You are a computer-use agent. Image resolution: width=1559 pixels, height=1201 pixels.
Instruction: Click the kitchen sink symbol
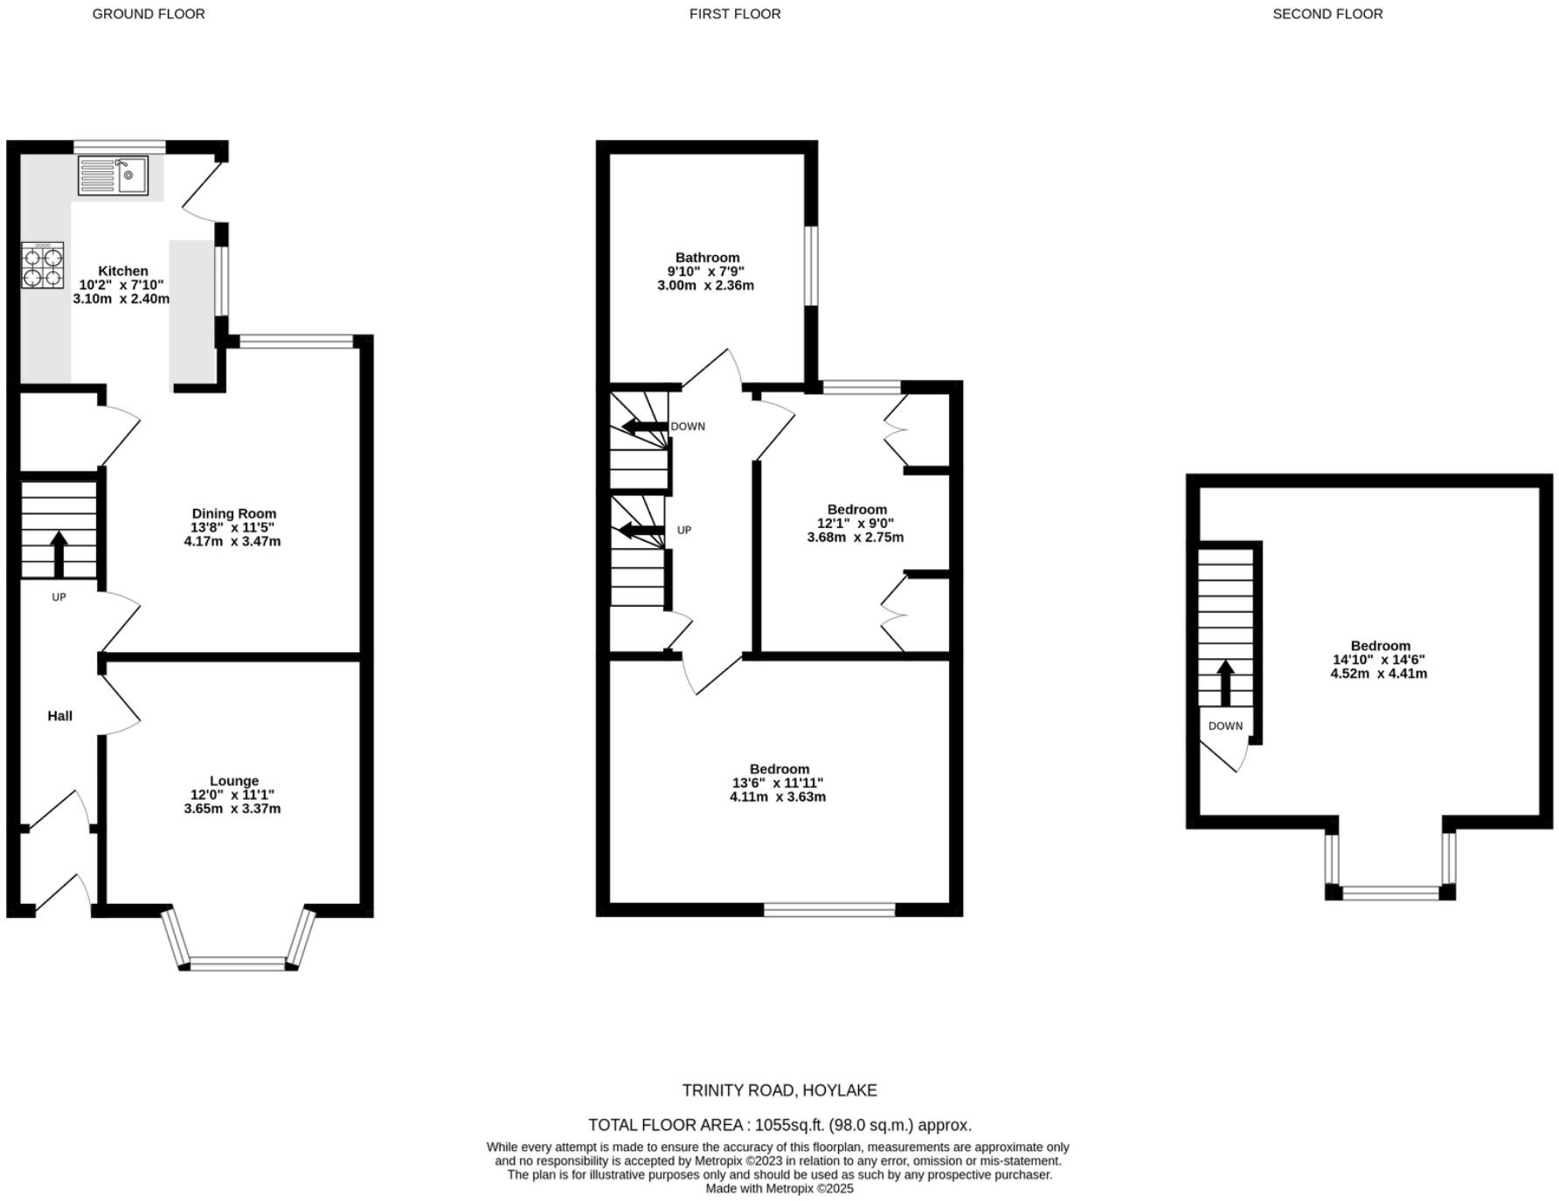click(113, 176)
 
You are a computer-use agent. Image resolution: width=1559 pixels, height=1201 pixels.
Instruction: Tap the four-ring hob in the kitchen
click(43, 266)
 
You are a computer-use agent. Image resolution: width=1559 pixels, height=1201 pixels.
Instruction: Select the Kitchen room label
click(122, 271)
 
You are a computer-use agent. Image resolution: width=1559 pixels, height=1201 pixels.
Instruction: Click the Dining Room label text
click(233, 514)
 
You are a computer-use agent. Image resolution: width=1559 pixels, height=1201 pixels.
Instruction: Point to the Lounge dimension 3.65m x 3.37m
click(232, 809)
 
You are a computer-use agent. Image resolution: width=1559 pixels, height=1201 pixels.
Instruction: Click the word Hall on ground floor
click(59, 716)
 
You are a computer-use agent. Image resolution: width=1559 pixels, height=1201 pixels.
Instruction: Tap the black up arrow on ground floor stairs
click(59, 553)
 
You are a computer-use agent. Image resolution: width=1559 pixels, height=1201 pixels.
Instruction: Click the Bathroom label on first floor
click(707, 258)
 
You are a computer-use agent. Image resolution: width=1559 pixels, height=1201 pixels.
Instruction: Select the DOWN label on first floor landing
click(688, 427)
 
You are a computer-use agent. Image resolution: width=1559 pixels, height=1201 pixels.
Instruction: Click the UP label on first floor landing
click(684, 531)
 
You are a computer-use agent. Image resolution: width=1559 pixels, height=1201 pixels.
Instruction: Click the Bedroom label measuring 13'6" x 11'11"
click(779, 769)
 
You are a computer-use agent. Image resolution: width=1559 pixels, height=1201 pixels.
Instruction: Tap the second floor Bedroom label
click(1380, 646)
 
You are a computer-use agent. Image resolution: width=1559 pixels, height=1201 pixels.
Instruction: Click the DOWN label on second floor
click(1225, 726)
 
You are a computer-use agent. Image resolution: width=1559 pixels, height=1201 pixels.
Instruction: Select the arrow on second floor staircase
click(1225, 683)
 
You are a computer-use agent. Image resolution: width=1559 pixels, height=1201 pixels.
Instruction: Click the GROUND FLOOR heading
click(149, 14)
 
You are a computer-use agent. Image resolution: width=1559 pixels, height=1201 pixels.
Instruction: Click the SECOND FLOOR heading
click(1327, 14)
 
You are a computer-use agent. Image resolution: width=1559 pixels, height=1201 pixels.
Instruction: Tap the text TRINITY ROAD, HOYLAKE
click(779, 1090)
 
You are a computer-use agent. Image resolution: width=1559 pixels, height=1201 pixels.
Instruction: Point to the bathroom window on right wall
click(811, 266)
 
